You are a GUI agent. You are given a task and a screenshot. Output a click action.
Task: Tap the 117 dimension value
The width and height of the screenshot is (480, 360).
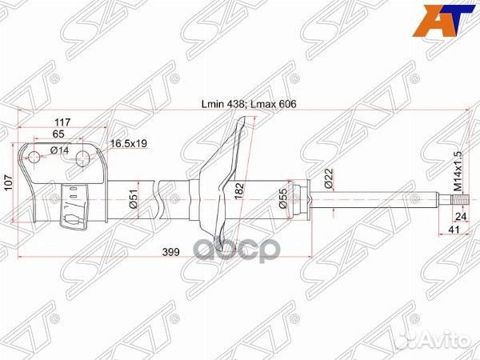point(62,122)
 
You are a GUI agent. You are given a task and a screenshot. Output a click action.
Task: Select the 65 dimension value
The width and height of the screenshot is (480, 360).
point(58,136)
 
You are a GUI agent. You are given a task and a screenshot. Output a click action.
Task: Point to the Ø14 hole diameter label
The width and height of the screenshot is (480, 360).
point(58,150)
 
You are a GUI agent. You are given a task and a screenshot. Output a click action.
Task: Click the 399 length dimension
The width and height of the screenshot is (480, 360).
point(171,251)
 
